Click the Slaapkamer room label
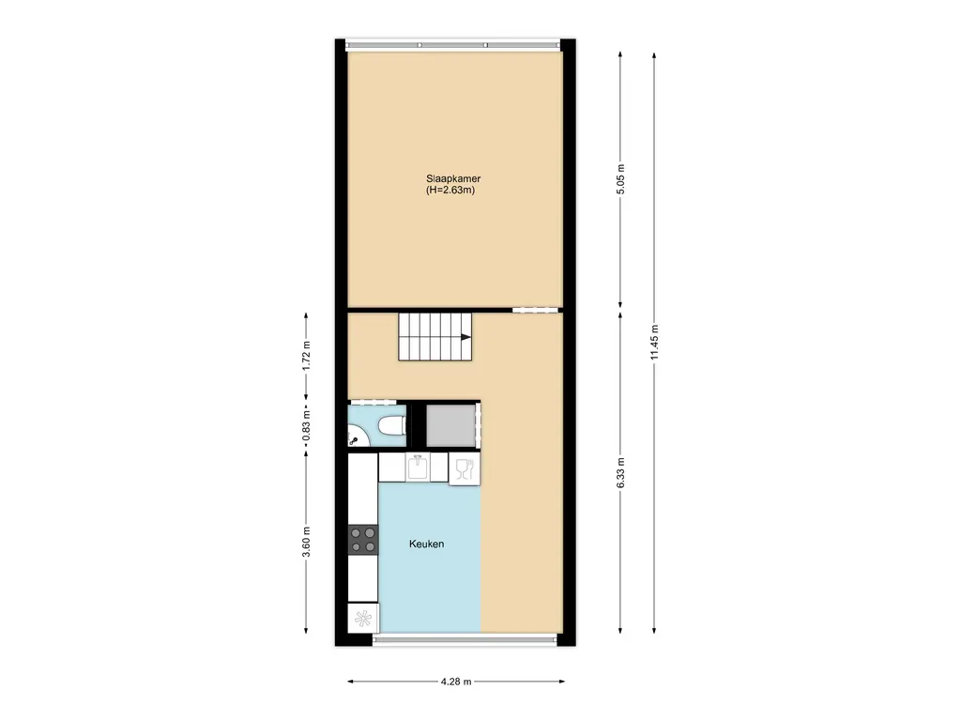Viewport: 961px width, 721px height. coord(454,178)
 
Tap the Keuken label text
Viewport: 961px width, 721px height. coord(426,545)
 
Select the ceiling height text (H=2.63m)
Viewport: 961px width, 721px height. coord(454,191)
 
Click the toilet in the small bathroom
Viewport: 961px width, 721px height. coord(389,428)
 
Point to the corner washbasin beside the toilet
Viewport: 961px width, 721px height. coord(356,436)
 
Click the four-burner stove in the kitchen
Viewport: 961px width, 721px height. coord(362,539)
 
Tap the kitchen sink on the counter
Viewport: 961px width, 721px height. coord(418,467)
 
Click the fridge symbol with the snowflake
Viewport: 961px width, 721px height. coord(362,618)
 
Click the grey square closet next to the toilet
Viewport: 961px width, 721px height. coord(450,425)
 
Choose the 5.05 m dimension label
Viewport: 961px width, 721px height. coord(620,178)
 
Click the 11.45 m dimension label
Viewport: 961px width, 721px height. coord(655,342)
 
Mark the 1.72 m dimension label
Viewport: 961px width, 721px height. coord(306,357)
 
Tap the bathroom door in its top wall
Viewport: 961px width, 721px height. coord(374,403)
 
